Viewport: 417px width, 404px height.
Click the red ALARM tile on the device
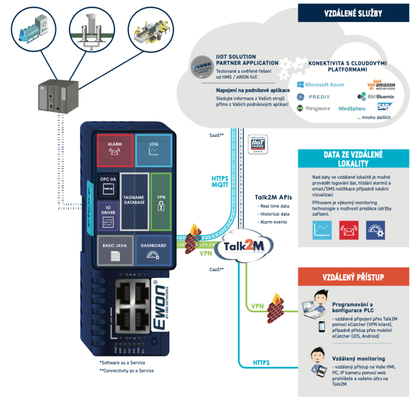click(x=116, y=150)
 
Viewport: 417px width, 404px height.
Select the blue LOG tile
click(x=153, y=150)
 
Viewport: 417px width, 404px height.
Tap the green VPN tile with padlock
click(x=161, y=200)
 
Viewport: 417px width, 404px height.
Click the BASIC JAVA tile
click(x=116, y=250)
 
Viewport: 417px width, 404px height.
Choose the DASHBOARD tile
click(x=153, y=250)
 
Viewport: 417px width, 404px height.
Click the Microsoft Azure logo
click(x=320, y=85)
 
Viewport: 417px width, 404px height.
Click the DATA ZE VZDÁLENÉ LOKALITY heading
click(x=353, y=159)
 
